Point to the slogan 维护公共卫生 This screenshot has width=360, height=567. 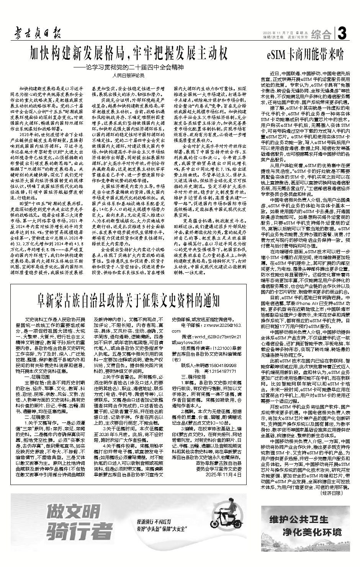(299, 519)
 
